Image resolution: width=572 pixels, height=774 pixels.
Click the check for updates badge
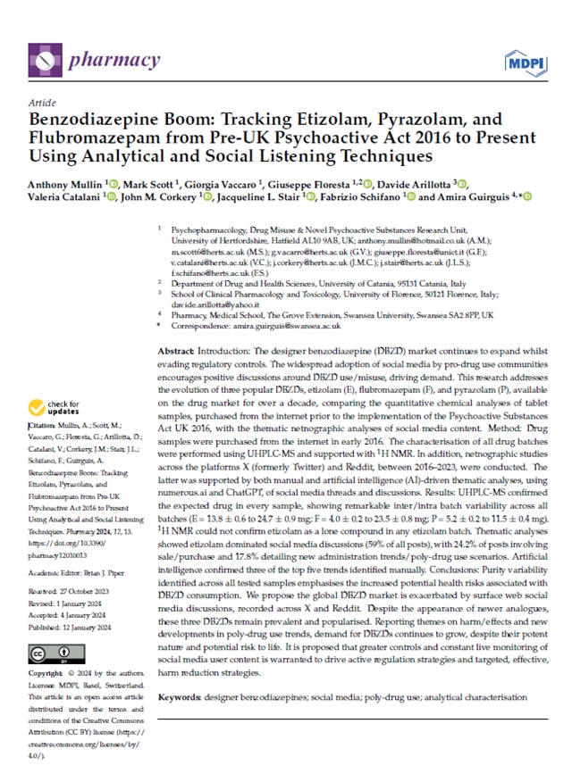60,408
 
